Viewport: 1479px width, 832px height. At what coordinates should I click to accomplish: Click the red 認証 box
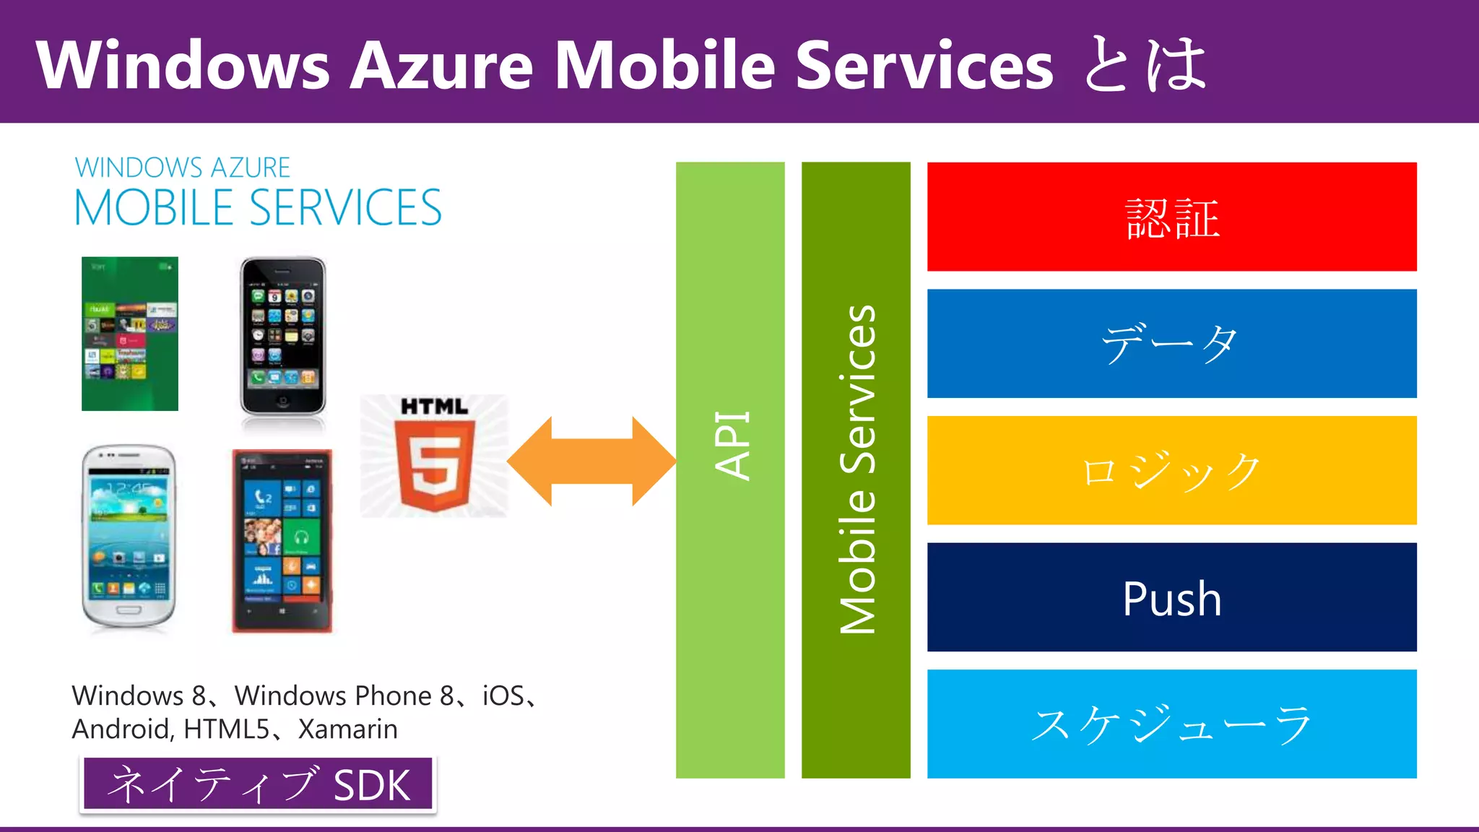click(x=1171, y=217)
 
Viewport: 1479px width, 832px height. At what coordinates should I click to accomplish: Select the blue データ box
click(x=1171, y=344)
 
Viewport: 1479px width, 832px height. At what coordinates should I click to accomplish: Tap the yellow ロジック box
click(x=1171, y=470)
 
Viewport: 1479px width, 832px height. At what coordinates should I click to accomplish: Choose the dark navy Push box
click(x=1171, y=597)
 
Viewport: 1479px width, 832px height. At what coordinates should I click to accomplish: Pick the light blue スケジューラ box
click(x=1171, y=724)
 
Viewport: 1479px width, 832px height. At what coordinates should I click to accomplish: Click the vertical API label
click(x=731, y=446)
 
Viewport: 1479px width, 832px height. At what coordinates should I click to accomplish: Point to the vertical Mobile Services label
click(x=856, y=469)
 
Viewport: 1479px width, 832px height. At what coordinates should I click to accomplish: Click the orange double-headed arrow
click(x=591, y=461)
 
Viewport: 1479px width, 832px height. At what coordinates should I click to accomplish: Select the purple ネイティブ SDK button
click(x=258, y=784)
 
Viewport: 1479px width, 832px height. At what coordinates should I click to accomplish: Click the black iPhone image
click(x=283, y=336)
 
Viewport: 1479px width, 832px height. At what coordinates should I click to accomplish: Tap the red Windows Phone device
click(x=282, y=541)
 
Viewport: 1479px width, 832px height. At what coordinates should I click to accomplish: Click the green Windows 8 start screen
click(x=130, y=334)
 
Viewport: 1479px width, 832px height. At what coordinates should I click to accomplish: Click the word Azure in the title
click(x=441, y=65)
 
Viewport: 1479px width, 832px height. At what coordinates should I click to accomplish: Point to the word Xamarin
click(x=347, y=729)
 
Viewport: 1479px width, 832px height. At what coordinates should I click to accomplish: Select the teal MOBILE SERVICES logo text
click(x=258, y=208)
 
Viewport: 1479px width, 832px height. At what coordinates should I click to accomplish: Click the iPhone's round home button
click(x=283, y=401)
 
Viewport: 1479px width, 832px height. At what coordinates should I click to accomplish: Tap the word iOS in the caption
click(x=503, y=695)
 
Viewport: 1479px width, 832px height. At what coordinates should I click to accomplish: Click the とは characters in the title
click(x=1145, y=65)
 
